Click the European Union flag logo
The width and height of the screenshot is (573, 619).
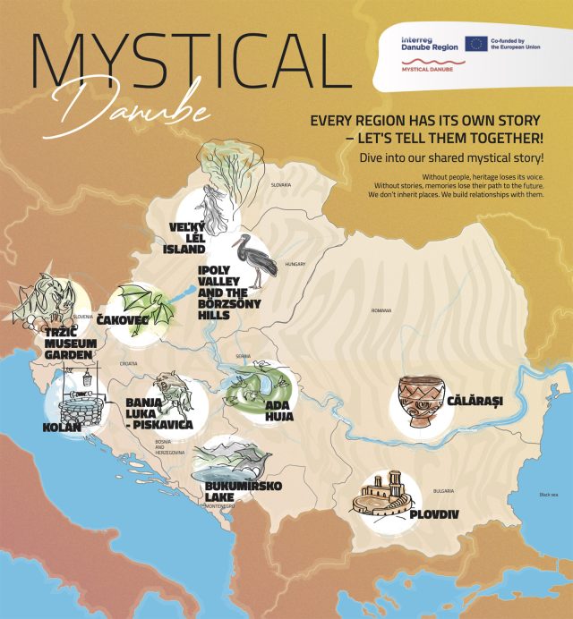click(475, 44)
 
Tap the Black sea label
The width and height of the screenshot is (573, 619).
click(548, 495)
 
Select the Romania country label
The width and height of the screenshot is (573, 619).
click(382, 310)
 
